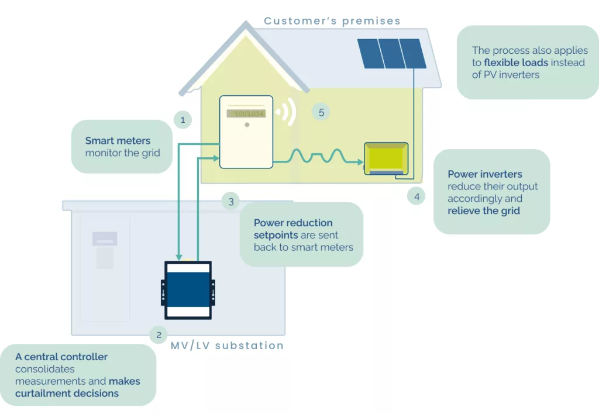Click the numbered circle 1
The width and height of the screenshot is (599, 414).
click(183, 119)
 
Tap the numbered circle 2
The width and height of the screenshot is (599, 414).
click(159, 335)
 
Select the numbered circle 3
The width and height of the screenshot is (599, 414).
click(230, 201)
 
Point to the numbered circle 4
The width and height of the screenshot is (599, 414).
click(416, 196)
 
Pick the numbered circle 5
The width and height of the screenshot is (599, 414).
click(321, 112)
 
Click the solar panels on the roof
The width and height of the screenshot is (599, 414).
click(391, 53)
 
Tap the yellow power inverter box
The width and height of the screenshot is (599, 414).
click(386, 158)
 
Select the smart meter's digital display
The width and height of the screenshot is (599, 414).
click(246, 113)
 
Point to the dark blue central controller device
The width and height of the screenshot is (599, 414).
click(188, 290)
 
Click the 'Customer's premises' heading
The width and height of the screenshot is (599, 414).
click(332, 20)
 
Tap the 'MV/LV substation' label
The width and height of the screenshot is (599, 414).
click(227, 346)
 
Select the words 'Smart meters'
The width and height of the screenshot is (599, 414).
click(118, 140)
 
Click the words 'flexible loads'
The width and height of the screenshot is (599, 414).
click(516, 62)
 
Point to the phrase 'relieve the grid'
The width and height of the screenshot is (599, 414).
click(484, 211)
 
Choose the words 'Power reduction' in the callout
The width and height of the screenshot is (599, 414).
click(293, 223)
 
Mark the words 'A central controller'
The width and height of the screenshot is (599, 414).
click(61, 357)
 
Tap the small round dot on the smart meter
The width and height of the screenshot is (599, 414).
click(247, 125)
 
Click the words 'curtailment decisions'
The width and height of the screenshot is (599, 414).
click(67, 394)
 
